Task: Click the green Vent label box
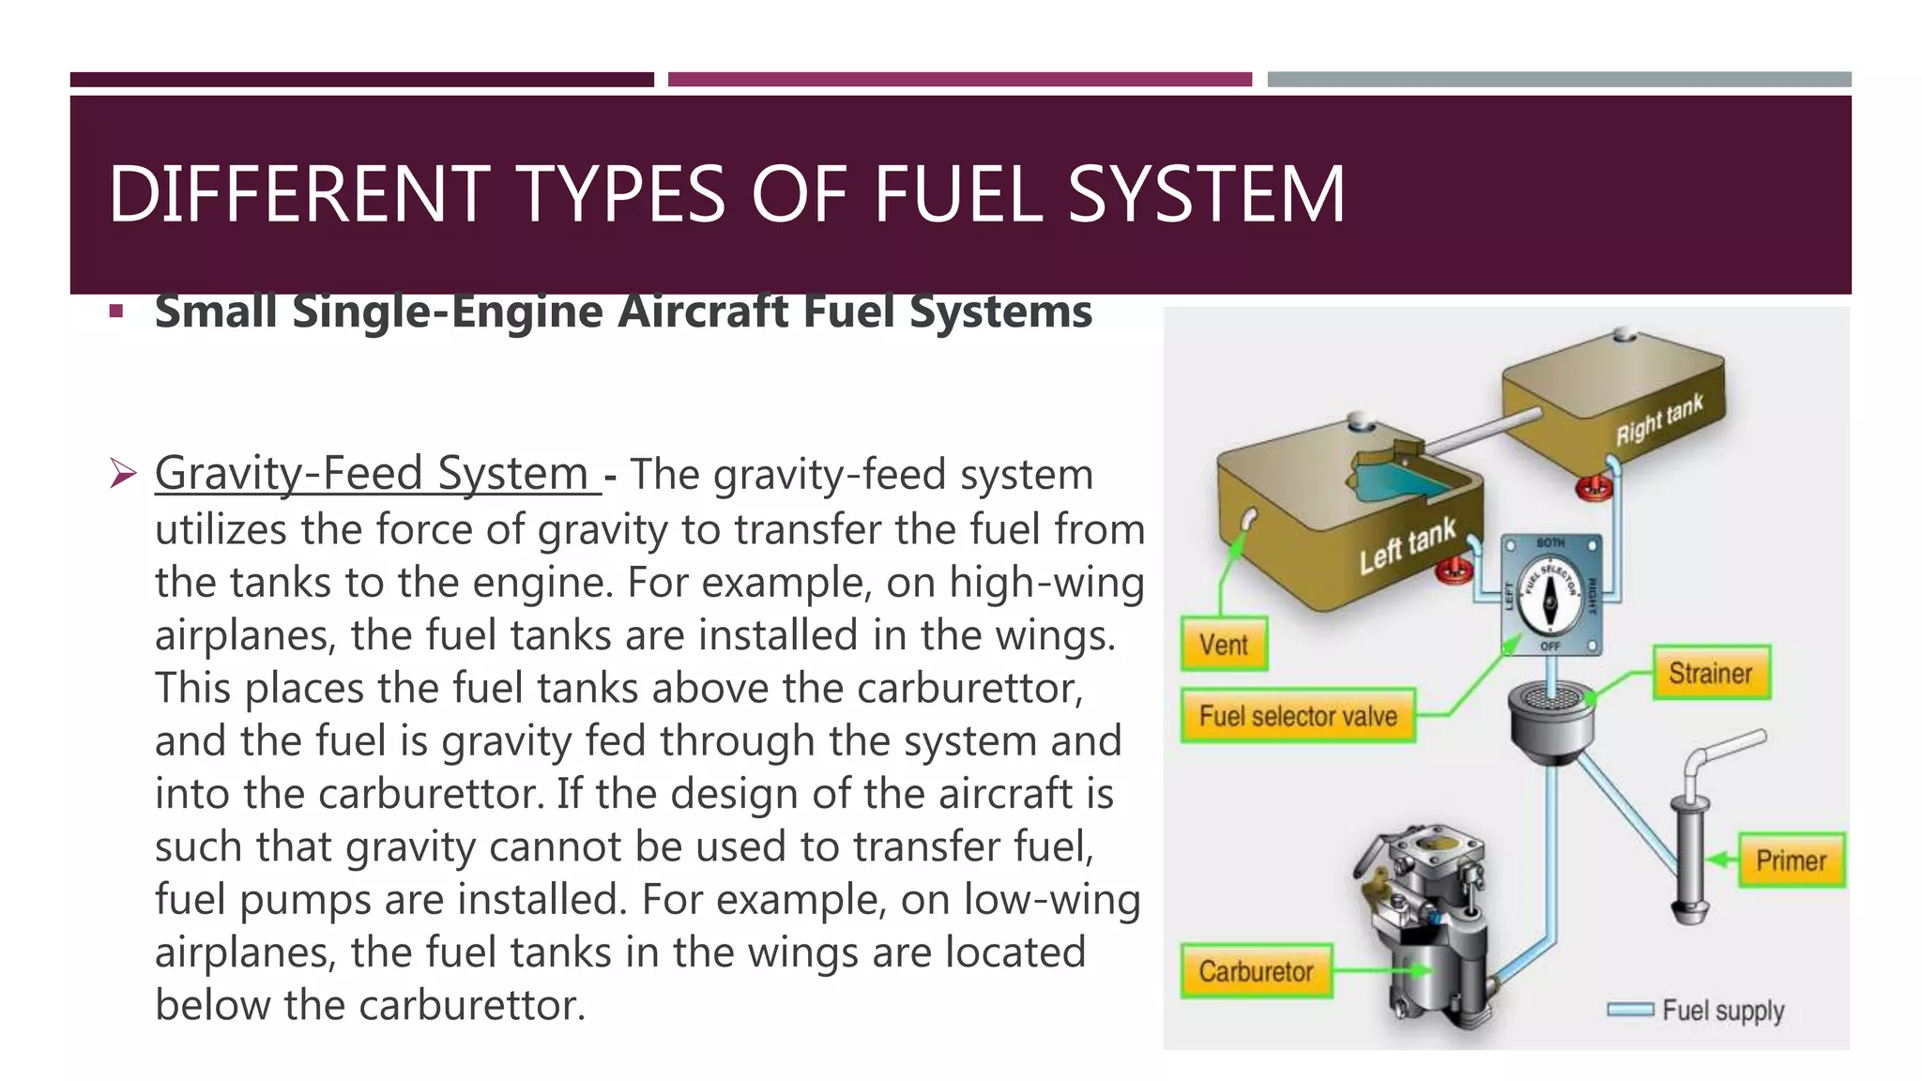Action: [x=1224, y=644]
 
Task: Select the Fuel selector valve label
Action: [x=1298, y=716]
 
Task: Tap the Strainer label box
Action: [x=1711, y=673]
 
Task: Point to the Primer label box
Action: [x=1791, y=860]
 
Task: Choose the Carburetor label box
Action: [x=1256, y=971]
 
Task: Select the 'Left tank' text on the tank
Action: [x=1408, y=545]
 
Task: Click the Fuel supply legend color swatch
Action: [x=1630, y=1010]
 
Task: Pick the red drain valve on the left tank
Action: [x=1456, y=570]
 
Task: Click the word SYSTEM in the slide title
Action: [x=1206, y=194]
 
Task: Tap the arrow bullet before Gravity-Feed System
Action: [x=122, y=473]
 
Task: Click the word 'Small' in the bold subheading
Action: [x=215, y=312]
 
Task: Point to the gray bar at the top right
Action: [x=1559, y=80]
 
